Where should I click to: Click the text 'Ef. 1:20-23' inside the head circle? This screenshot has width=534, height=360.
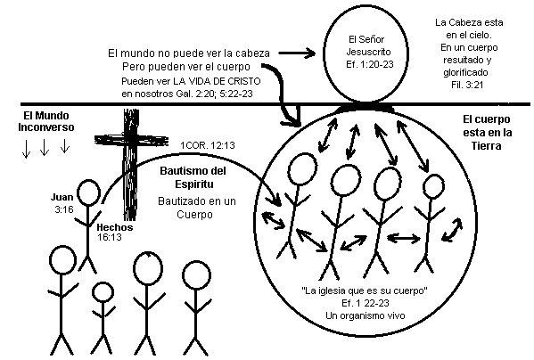click(x=370, y=64)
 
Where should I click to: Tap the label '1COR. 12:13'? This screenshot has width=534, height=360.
click(x=208, y=145)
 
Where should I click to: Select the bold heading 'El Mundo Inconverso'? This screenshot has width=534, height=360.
click(x=46, y=121)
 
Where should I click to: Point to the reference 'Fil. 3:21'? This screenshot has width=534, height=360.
click(x=467, y=85)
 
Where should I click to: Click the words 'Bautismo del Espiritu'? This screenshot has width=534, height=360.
click(x=193, y=177)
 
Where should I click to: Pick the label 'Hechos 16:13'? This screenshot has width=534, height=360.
click(x=115, y=232)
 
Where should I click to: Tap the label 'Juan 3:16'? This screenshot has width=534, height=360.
click(x=62, y=203)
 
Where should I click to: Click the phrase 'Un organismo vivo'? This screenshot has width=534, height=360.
click(x=366, y=315)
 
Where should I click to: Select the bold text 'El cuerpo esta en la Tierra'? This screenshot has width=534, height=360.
click(x=488, y=133)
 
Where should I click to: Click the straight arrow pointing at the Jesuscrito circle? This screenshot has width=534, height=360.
click(x=297, y=53)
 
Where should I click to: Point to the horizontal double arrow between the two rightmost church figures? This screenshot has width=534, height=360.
click(x=404, y=238)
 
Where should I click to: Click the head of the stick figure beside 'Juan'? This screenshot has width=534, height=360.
click(x=88, y=192)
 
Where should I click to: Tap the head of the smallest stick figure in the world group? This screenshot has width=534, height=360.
click(x=103, y=292)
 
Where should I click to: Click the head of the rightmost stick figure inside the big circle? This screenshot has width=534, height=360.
click(x=433, y=187)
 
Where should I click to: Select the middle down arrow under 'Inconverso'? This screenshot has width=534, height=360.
click(x=45, y=148)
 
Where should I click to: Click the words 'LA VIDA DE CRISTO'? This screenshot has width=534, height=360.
click(x=217, y=82)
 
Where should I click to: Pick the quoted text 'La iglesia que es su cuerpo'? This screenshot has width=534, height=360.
click(x=365, y=290)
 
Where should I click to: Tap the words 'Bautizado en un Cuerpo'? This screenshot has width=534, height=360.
click(x=196, y=208)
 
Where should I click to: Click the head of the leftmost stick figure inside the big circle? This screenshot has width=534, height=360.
click(x=302, y=169)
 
